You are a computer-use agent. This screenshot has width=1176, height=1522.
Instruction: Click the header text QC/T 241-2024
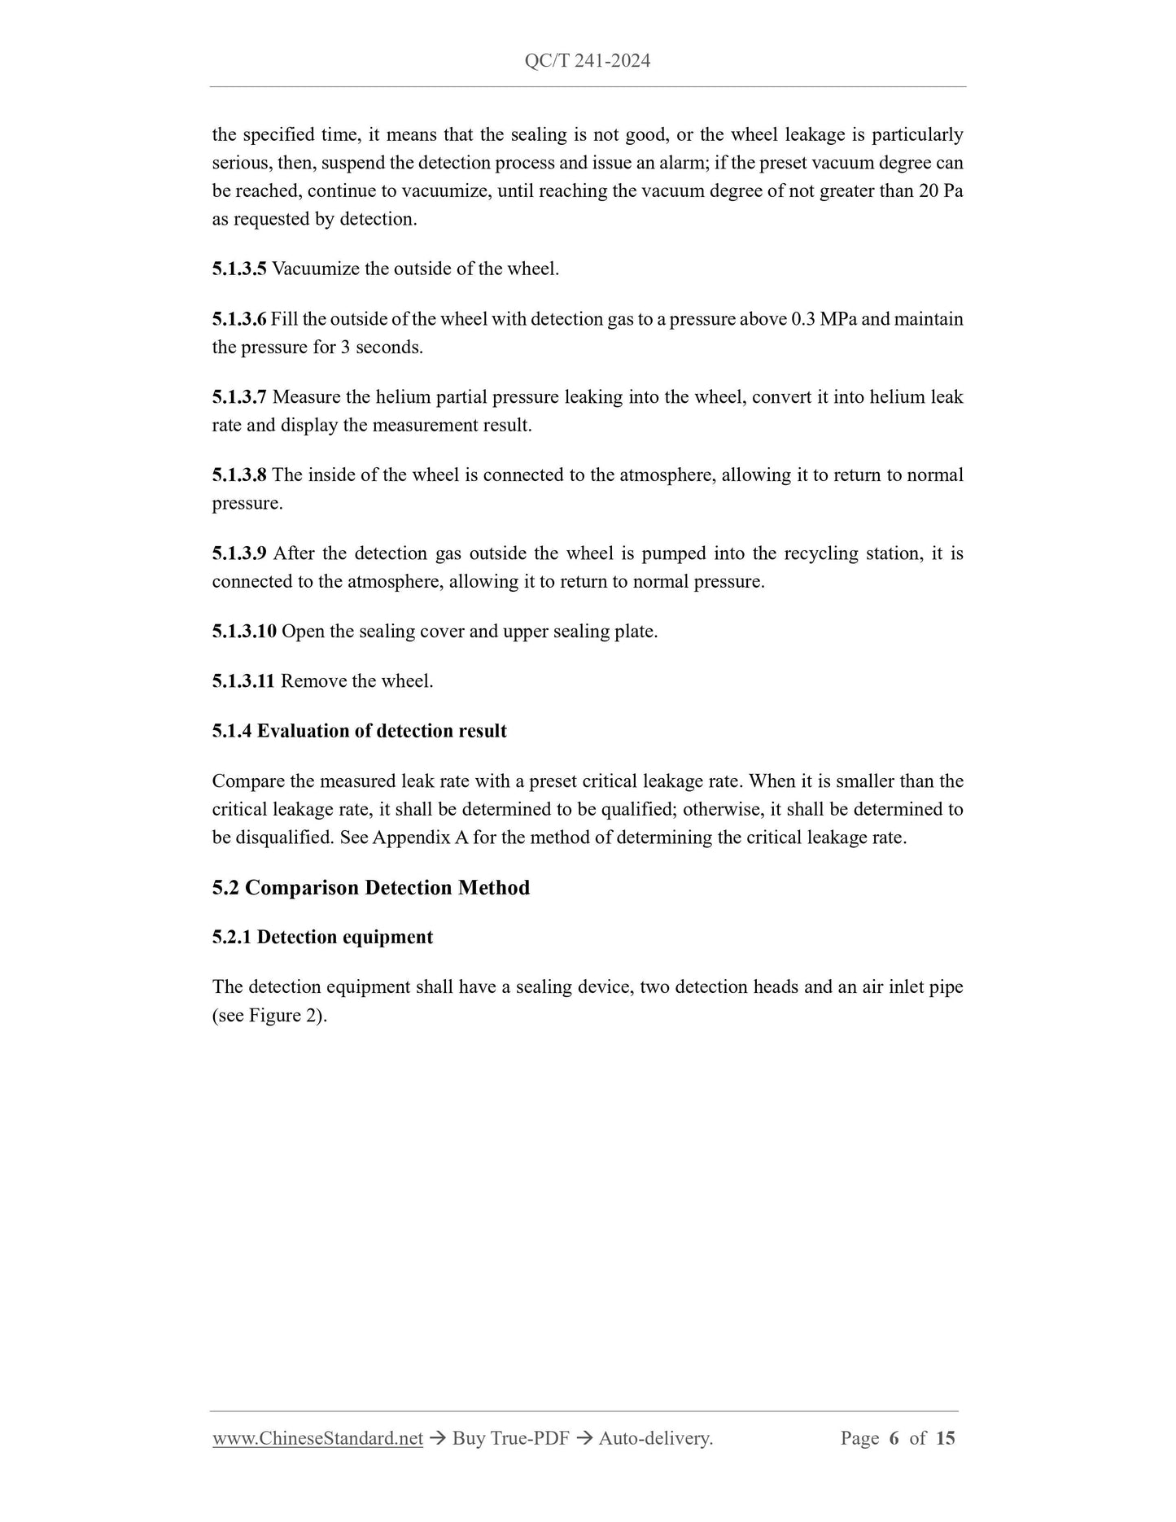588,61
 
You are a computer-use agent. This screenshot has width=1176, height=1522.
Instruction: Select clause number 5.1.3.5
239,269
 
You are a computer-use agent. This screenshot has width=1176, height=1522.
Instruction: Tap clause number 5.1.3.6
239,319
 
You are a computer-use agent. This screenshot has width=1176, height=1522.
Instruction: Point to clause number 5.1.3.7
239,397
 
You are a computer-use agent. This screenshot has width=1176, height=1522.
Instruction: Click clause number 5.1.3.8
239,475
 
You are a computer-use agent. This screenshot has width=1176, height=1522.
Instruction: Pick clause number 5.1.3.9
239,553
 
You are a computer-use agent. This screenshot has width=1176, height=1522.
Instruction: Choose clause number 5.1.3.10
244,632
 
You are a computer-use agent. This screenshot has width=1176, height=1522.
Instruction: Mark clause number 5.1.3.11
243,681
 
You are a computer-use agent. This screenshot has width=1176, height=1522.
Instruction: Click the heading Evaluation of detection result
382,731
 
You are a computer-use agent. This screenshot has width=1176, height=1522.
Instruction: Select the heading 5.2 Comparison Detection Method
371,887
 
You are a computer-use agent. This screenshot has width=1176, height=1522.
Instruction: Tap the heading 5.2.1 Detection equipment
322,937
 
